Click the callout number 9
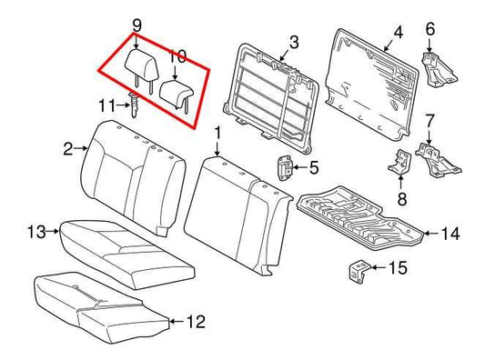(136, 24)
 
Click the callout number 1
(217, 135)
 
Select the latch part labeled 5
(284, 168)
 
